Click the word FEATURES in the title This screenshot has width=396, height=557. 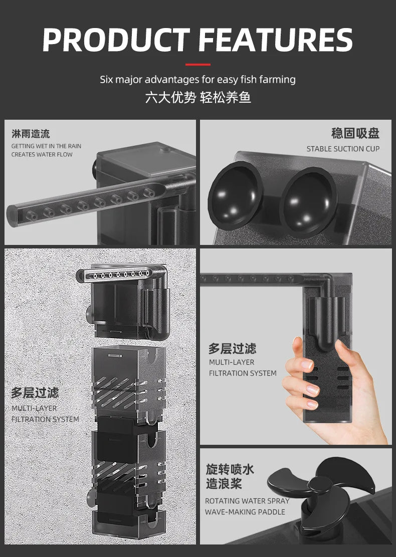[x=277, y=40]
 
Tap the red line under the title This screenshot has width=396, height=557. [x=198, y=65]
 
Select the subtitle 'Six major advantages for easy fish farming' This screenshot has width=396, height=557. [x=198, y=79]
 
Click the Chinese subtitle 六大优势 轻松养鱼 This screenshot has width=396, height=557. [x=198, y=97]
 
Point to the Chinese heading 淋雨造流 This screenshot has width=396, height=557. [x=31, y=134]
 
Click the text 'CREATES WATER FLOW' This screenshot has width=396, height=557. [x=42, y=154]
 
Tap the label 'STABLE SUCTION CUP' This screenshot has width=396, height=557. [x=343, y=149]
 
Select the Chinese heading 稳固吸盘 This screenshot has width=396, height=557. [x=355, y=133]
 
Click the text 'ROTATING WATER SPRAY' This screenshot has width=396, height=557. [x=247, y=501]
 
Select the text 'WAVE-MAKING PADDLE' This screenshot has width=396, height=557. [x=245, y=512]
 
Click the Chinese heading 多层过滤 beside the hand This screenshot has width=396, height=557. [x=232, y=349]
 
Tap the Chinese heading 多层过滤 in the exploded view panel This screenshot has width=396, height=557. [x=35, y=392]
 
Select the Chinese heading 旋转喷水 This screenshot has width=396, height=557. [x=230, y=469]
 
